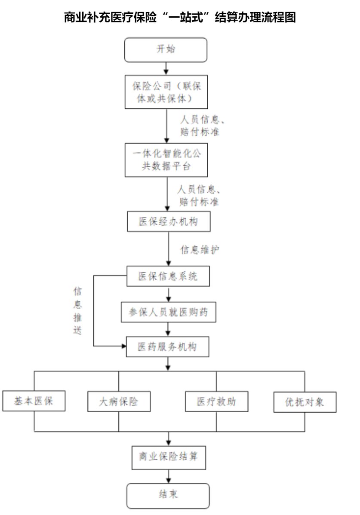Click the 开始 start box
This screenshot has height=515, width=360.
click(166, 50)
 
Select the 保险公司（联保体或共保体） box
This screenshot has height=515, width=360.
click(166, 92)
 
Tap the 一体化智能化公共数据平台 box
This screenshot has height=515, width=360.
click(166, 160)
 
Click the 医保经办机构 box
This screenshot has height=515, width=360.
click(169, 222)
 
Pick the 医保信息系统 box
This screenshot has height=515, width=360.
click(168, 276)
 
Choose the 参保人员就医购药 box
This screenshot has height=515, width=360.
click(169, 312)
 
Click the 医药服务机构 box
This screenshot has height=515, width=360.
click(167, 346)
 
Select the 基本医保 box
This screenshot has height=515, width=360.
click(34, 401)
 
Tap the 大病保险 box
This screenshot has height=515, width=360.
click(119, 402)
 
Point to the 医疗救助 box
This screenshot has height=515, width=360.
click(217, 402)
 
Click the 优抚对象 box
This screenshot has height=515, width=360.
click(305, 402)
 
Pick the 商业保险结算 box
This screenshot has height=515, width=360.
click(169, 457)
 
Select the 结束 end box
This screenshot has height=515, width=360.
click(168, 496)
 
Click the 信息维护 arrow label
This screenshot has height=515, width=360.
click(200, 250)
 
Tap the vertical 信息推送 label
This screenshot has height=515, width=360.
click(77, 310)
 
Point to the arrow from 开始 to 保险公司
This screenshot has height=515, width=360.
click(166, 69)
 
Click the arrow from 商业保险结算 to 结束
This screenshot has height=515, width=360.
click(169, 476)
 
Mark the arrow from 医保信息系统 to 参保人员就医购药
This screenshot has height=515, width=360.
click(169, 294)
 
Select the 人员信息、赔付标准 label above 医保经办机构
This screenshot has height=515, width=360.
click(199, 196)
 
